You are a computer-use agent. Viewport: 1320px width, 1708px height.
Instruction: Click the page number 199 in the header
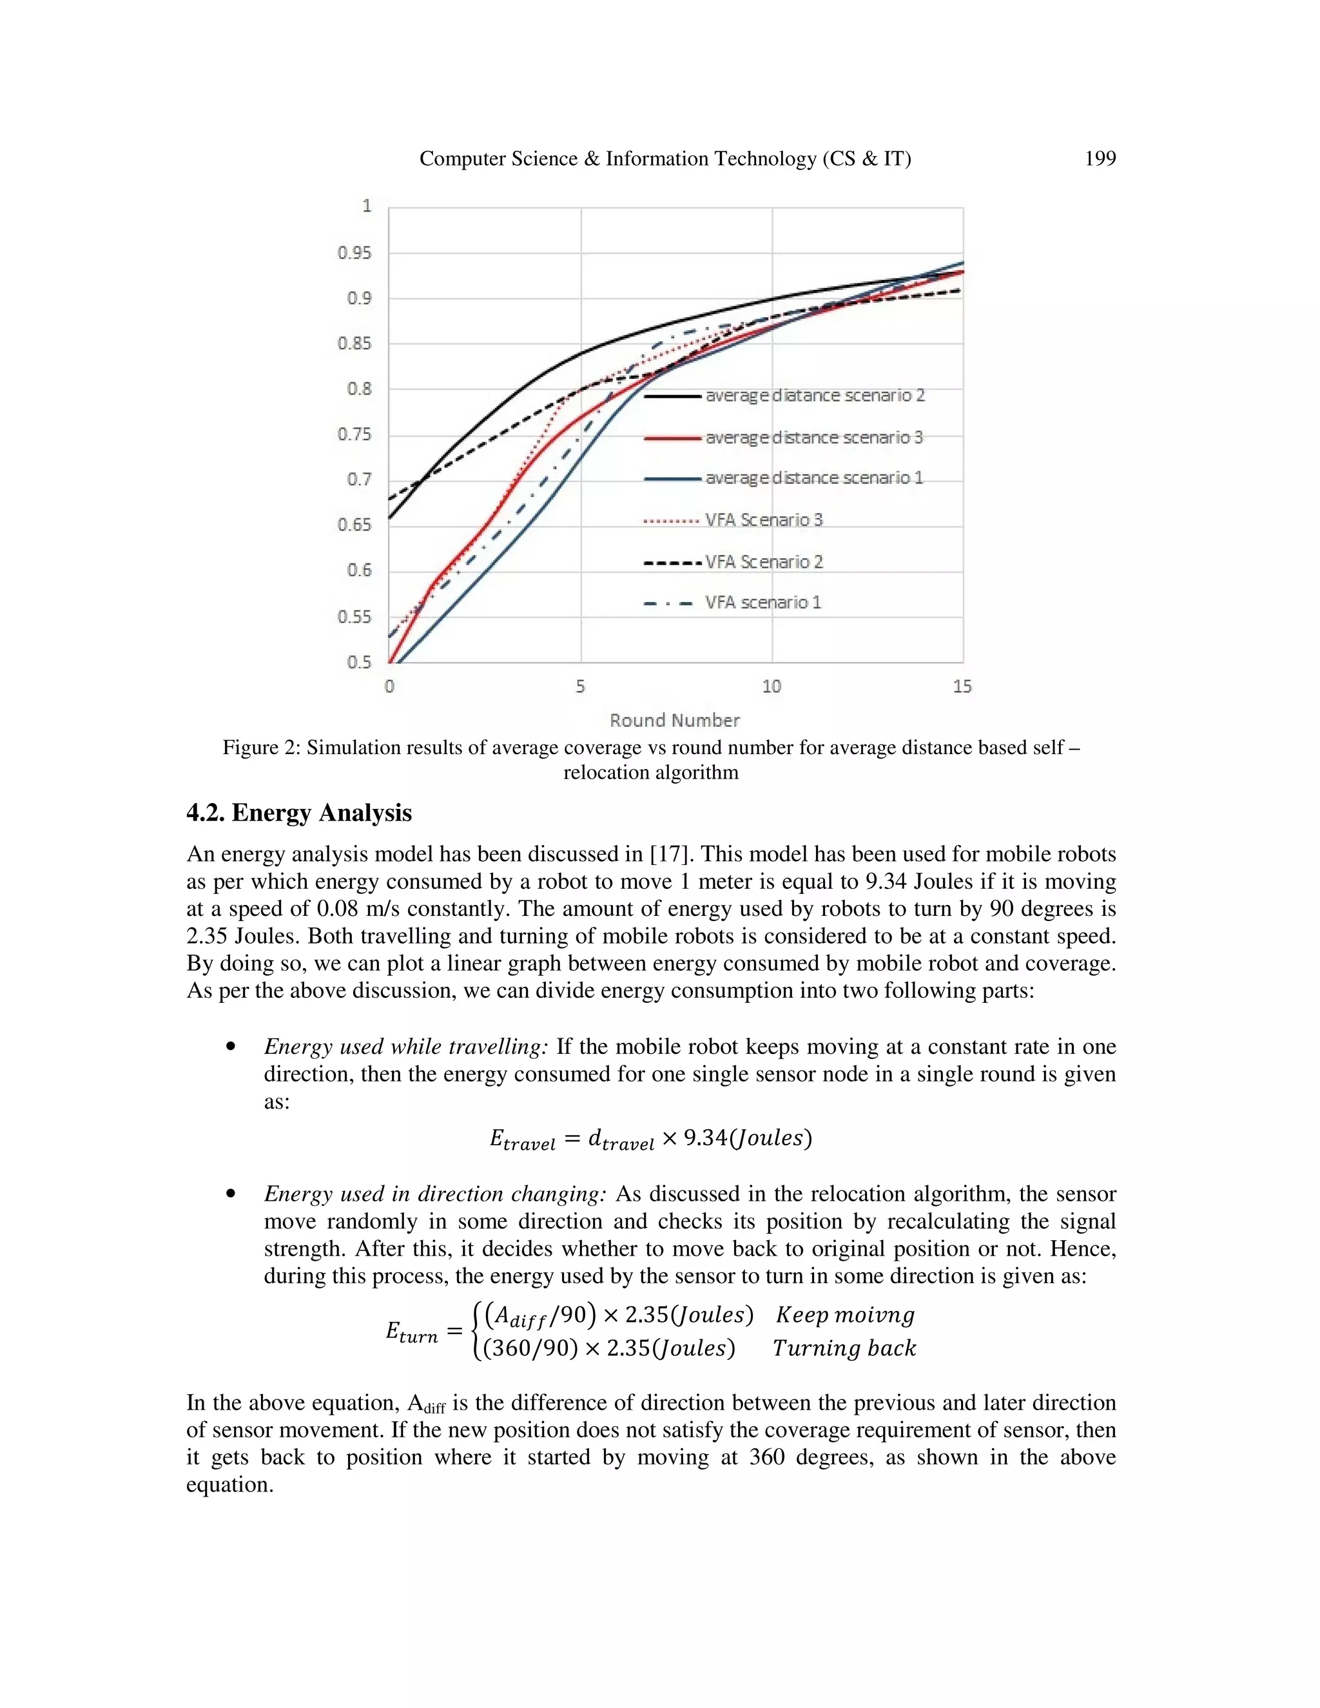click(1100, 159)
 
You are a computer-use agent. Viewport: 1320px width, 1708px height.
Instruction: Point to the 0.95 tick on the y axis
click(354, 253)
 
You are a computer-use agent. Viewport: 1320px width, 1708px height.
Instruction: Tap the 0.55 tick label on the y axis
click(354, 616)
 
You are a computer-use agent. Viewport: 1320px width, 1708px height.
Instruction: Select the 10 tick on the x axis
click(771, 686)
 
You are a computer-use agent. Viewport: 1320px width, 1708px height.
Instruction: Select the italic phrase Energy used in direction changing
click(435, 1194)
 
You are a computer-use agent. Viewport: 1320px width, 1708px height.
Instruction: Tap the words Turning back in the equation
click(844, 1348)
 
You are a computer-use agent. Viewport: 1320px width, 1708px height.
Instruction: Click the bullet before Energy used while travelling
click(230, 1047)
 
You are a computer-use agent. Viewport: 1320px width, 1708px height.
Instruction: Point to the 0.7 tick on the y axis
click(359, 479)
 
